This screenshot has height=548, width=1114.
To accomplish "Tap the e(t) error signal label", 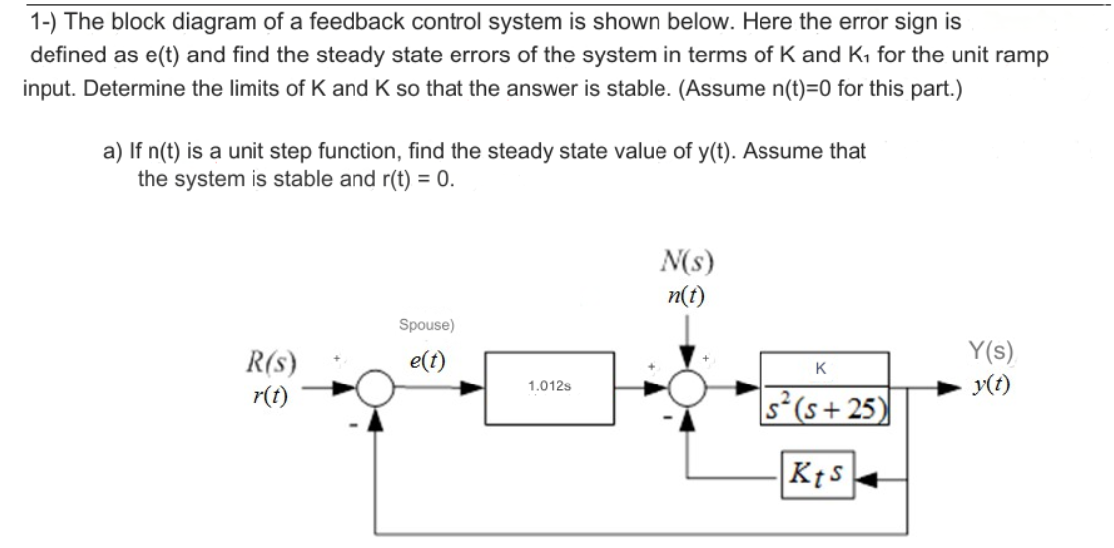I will coord(425,361).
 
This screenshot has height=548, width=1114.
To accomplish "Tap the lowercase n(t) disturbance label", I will coord(687,294).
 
